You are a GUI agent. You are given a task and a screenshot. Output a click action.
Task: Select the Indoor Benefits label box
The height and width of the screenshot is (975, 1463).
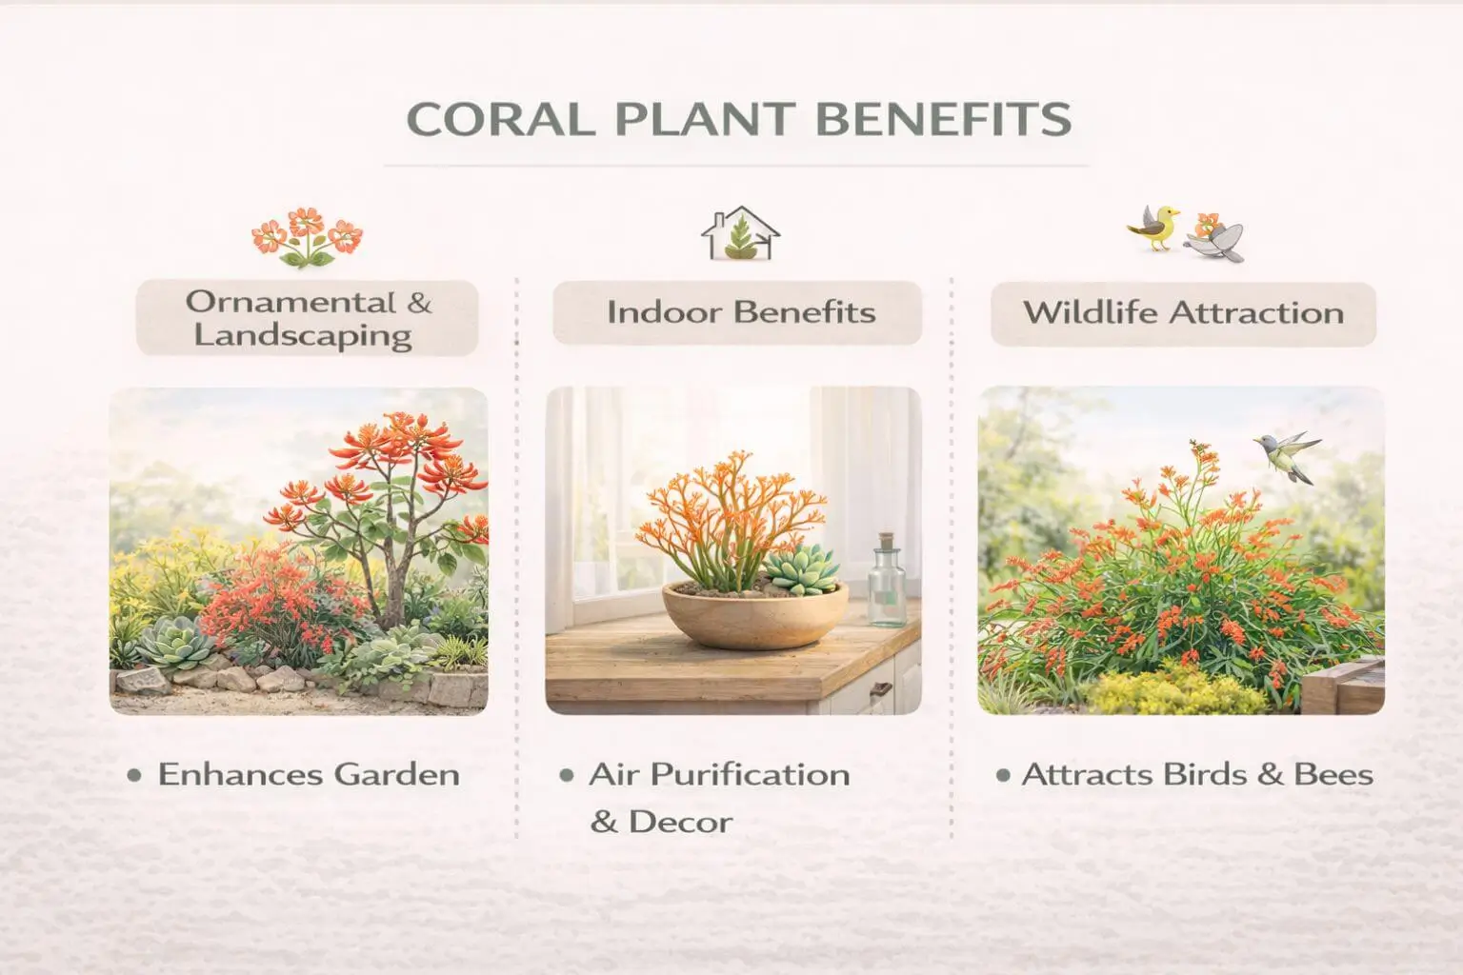click(737, 312)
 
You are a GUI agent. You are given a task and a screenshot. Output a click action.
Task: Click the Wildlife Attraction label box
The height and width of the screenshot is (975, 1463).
click(1183, 313)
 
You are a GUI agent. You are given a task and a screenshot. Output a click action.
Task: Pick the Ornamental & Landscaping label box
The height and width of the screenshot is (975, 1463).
click(308, 318)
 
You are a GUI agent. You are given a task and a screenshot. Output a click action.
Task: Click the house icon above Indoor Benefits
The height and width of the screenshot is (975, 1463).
click(740, 234)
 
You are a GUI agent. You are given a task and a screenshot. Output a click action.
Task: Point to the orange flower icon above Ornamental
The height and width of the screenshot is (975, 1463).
click(307, 236)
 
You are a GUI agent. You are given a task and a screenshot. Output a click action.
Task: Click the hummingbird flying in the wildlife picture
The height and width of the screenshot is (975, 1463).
click(1287, 454)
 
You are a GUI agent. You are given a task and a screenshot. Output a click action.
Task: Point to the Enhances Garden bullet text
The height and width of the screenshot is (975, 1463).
click(308, 774)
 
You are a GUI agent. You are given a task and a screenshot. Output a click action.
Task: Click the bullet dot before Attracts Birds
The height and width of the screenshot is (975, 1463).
click(1002, 775)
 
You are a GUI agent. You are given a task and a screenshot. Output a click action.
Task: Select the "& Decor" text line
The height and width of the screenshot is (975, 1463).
click(661, 822)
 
